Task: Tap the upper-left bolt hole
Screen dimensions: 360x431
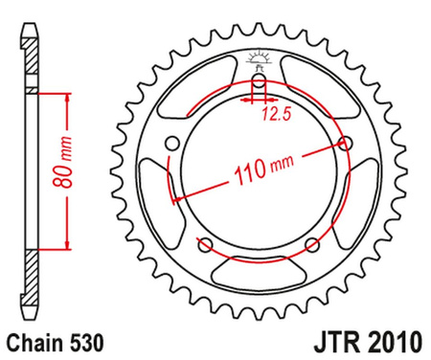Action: [x=172, y=144]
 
